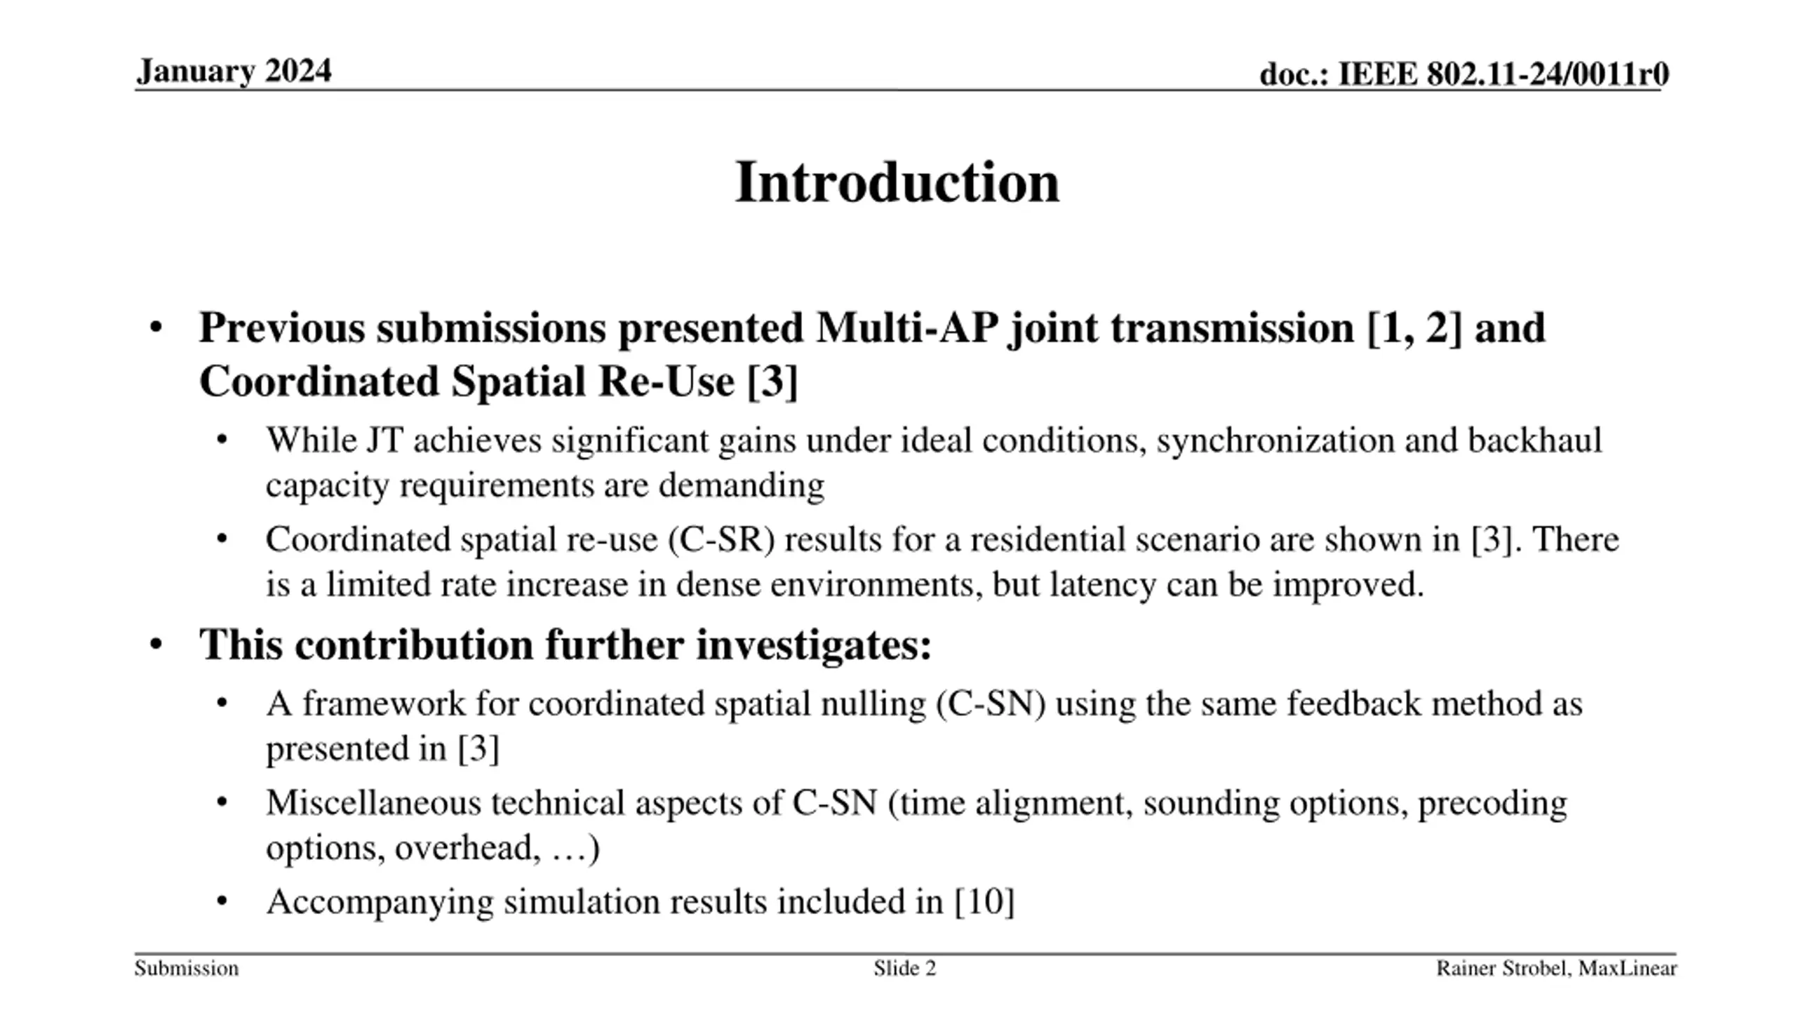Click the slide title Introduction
[897, 182]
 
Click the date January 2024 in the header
[234, 71]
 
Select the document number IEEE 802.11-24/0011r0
[1503, 74]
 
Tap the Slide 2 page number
[905, 969]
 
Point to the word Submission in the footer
[187, 969]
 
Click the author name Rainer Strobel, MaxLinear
[1557, 969]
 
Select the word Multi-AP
[907, 328]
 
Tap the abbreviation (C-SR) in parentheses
[723, 539]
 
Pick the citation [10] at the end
[985, 901]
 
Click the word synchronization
[1275, 440]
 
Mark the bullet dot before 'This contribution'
[156, 644]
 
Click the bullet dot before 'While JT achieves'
[222, 441]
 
